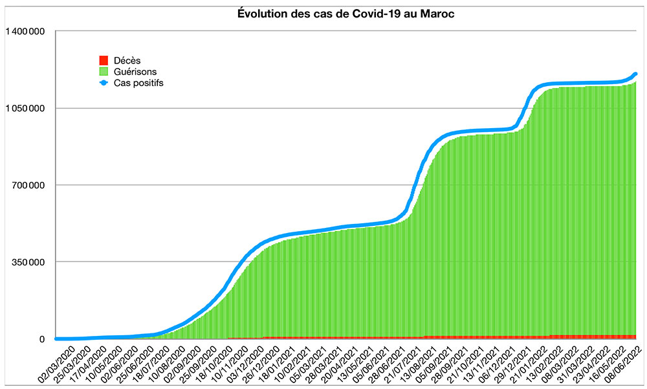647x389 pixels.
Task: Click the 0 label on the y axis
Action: pyautogui.click(x=42, y=339)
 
